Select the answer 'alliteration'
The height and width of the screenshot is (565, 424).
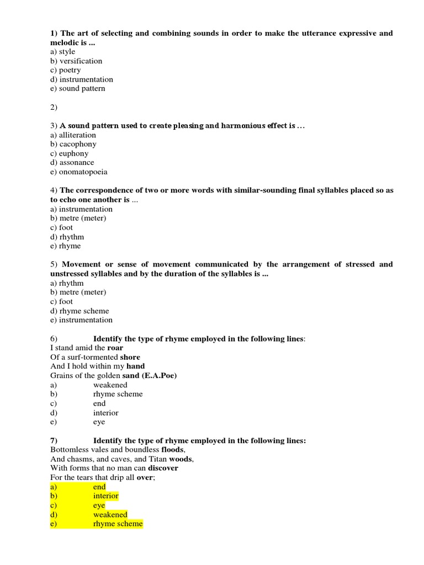coord(78,135)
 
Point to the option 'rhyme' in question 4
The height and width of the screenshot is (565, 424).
coord(70,246)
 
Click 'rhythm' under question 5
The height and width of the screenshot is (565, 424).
coord(71,283)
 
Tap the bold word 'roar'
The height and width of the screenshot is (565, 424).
coord(115,348)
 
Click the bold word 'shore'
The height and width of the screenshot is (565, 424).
coord(130,357)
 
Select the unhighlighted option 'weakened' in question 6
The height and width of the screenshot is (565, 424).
coord(110,385)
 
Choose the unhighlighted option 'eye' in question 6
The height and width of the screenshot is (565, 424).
coord(99,422)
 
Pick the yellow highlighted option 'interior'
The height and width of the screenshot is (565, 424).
coord(105,496)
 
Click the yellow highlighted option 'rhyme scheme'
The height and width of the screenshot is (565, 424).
coord(118,524)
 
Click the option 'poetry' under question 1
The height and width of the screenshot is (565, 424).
coord(70,70)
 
